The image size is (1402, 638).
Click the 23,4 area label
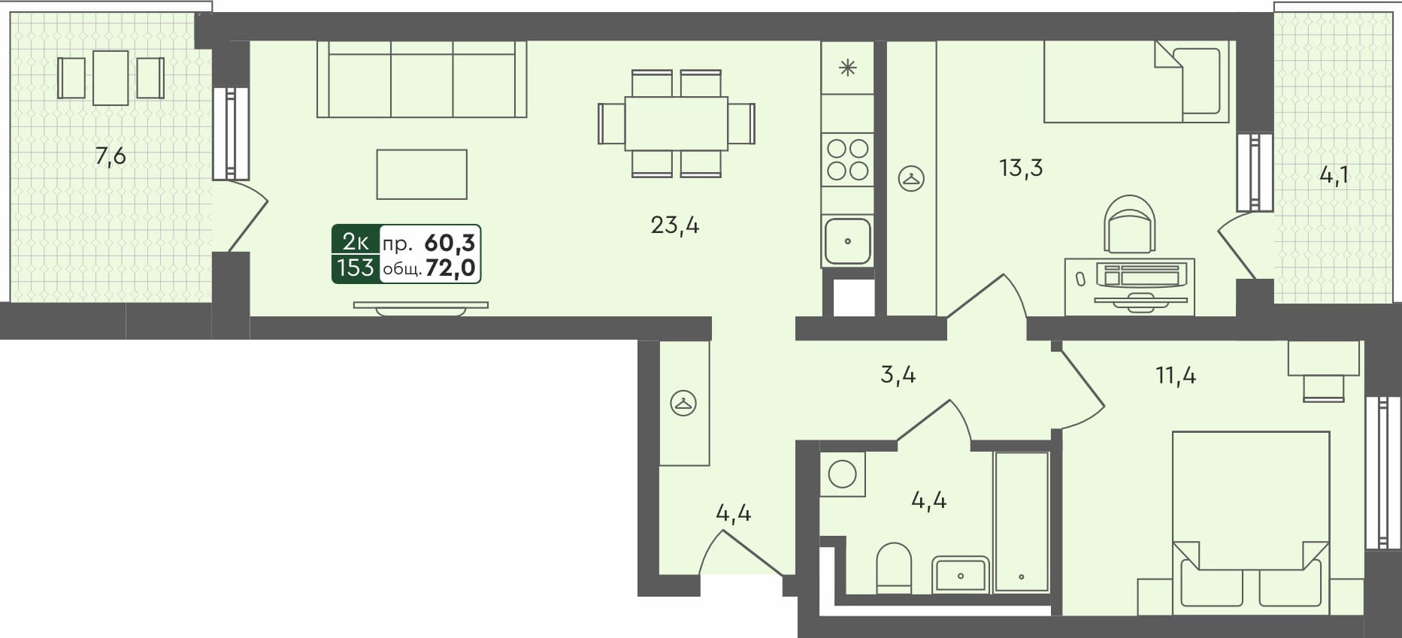pos(674,225)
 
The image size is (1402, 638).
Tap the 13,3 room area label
pos(1020,168)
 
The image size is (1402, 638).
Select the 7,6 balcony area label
pos(110,156)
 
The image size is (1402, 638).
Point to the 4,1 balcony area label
pos(1334,175)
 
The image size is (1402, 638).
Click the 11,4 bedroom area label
pos(1175,374)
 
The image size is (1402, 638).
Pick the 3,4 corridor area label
pos(898,374)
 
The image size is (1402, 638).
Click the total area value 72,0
pos(450,268)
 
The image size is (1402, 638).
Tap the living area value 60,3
pos(450,243)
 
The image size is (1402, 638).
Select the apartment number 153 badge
pos(355,268)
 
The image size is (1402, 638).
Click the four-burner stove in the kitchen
pos(847,159)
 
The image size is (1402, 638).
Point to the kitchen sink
pos(847,241)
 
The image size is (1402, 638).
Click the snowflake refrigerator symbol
pos(847,68)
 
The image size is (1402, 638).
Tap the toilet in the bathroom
pos(894,568)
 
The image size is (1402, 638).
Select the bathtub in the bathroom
pos(1021,522)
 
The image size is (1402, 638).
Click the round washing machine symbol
pos(842,474)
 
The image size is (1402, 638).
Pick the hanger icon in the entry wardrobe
pos(683,404)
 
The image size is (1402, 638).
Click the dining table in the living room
pos(676,123)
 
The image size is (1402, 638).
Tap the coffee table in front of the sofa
pos(422,174)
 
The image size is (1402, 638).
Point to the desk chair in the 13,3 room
pos(1129,224)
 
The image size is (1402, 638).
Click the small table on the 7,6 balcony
pos(111,78)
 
